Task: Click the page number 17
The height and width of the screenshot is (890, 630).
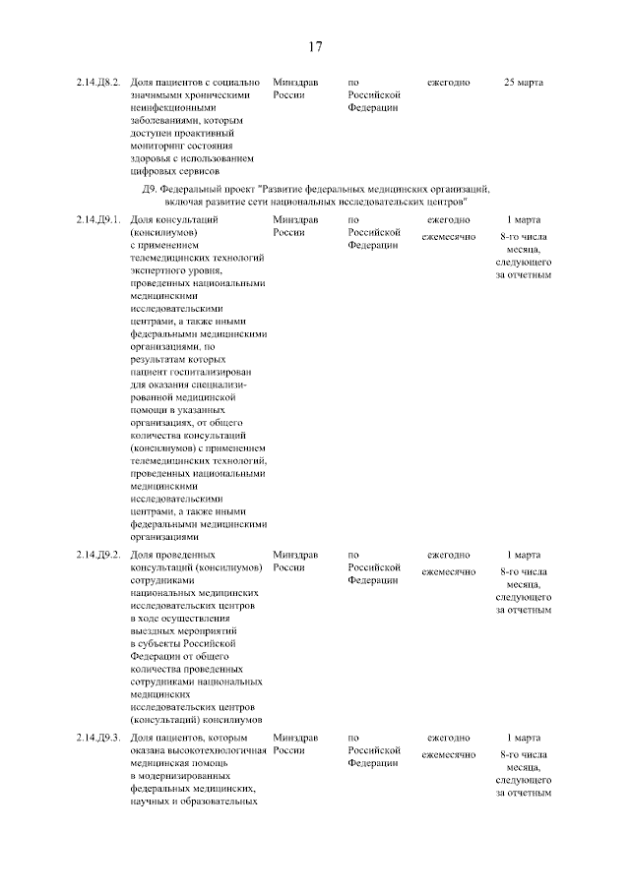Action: (315, 46)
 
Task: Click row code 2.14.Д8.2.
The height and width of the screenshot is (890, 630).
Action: (99, 82)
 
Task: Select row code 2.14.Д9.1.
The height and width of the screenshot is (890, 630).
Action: (99, 219)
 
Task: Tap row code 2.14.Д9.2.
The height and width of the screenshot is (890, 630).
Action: (99, 555)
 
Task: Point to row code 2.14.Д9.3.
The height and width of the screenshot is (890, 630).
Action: (99, 738)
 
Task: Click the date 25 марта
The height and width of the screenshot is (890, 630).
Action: (523, 82)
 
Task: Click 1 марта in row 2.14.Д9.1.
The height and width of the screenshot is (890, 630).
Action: (523, 219)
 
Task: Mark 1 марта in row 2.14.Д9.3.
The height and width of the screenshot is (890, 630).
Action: (523, 738)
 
